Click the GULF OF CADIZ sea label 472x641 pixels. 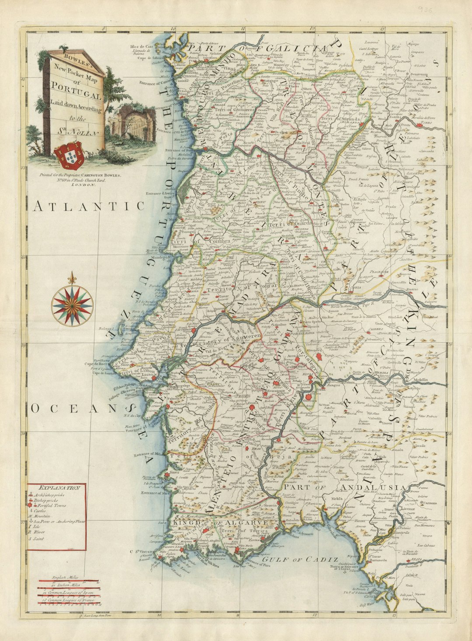[x=300, y=559]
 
